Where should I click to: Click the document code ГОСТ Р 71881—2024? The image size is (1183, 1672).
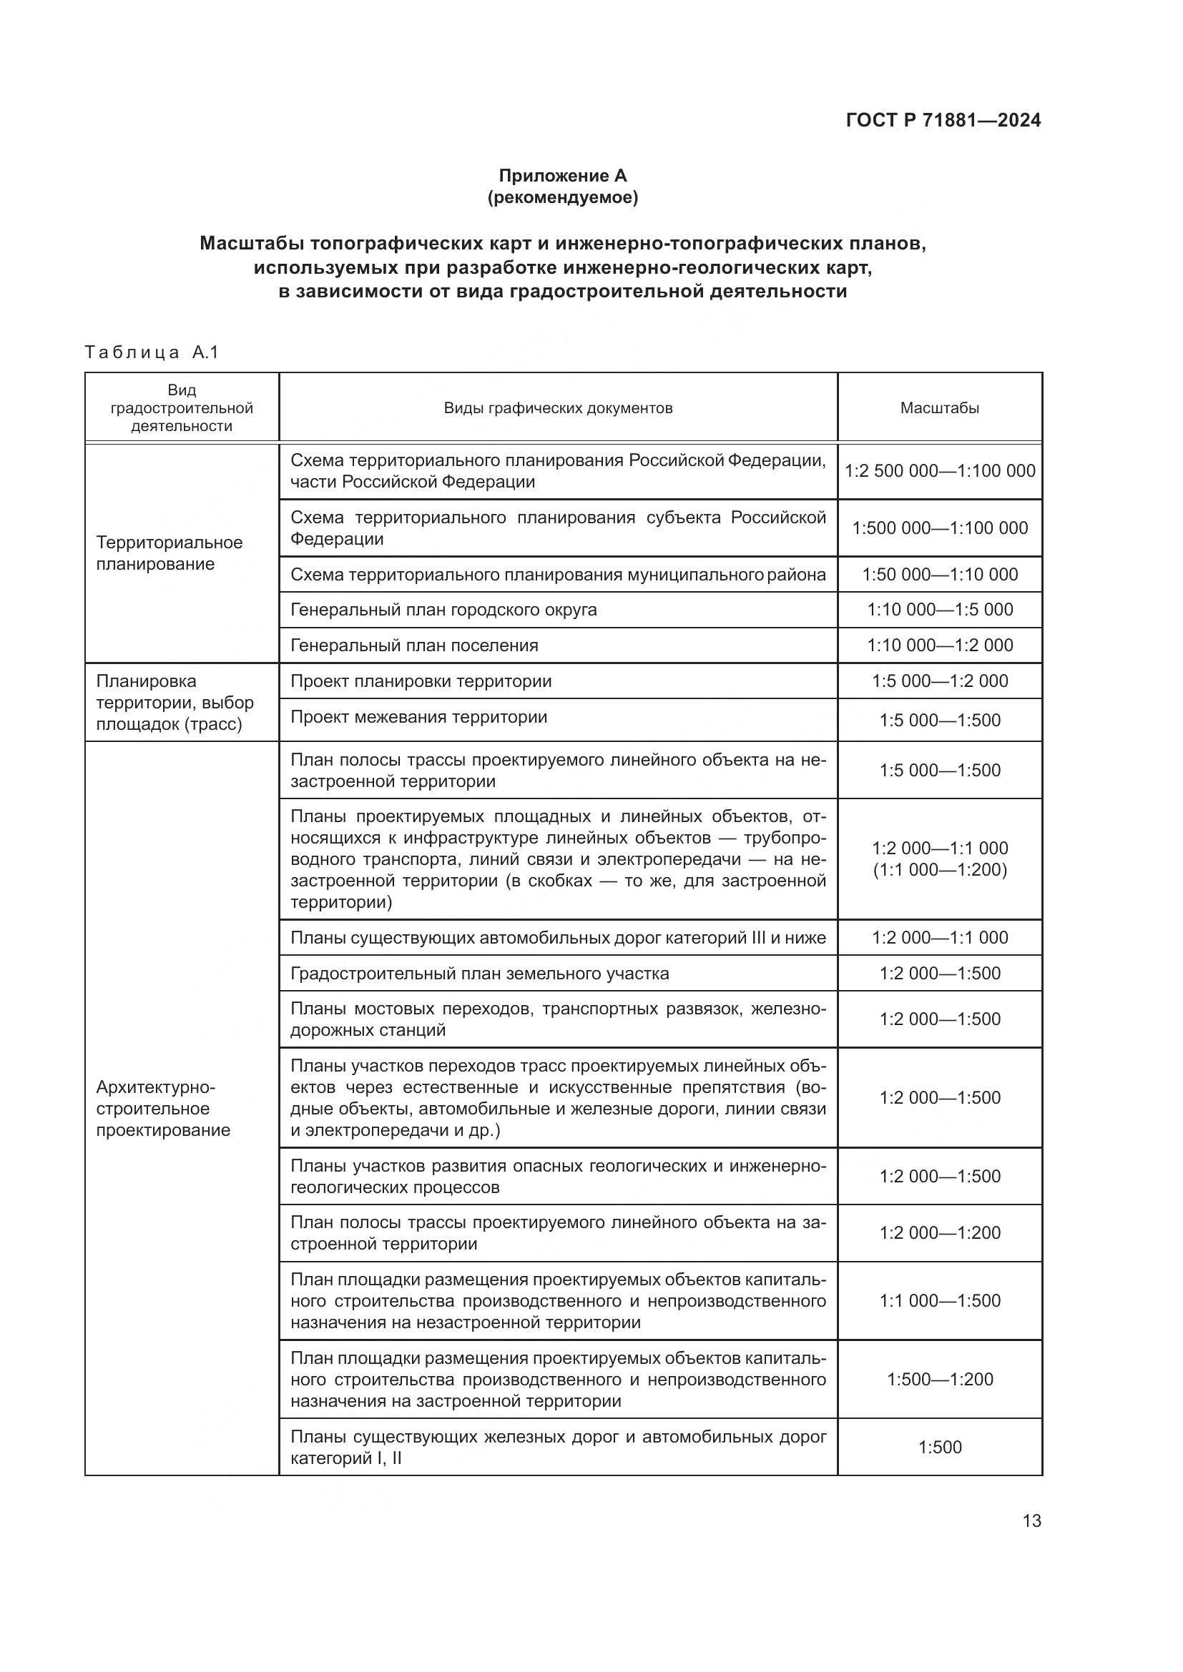943,120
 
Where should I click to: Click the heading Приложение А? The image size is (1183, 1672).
562,176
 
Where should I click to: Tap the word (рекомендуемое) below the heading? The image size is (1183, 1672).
562,197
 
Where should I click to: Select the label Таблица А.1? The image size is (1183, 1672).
152,352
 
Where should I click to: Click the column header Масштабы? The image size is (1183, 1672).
939,407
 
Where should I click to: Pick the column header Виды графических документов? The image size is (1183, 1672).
558,407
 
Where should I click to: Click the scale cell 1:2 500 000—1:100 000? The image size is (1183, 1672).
939,470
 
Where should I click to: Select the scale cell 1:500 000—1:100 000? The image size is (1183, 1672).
939,528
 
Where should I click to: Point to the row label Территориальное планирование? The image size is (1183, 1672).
169,553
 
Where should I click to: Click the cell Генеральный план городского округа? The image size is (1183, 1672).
443,610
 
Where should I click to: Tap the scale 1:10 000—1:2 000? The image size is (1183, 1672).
939,645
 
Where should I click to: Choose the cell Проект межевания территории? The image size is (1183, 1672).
418,716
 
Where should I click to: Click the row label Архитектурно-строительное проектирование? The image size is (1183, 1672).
163,1109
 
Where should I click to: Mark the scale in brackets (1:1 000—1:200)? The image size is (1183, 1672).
939,869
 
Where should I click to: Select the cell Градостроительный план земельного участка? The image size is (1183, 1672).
479,973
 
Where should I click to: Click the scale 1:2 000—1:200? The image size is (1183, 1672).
939,1233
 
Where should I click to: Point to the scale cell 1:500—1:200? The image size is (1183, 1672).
939,1379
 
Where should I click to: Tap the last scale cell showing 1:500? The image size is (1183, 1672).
939,1447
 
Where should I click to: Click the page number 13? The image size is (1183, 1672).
1031,1521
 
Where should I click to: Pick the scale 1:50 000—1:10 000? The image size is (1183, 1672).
939,575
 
